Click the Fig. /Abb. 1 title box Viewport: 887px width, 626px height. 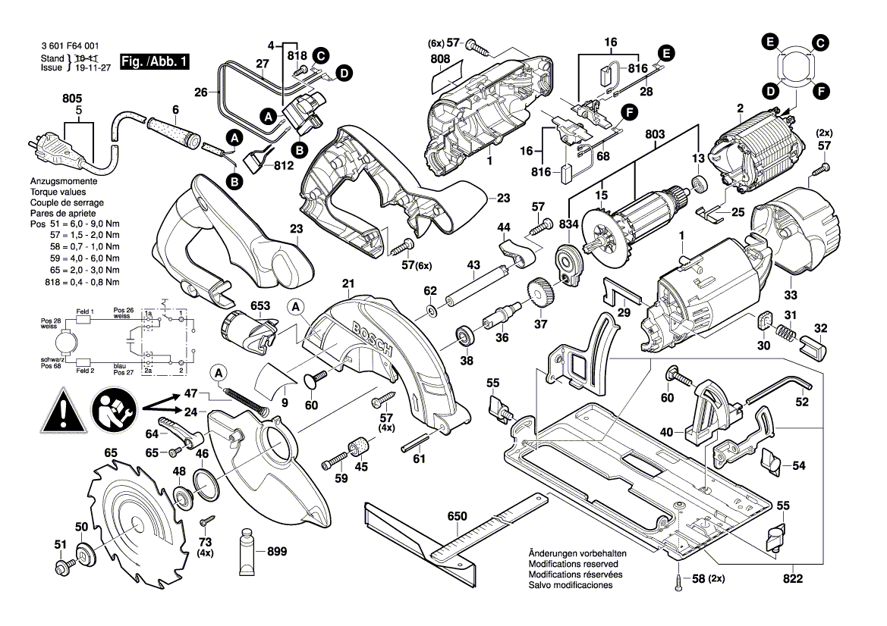(157, 61)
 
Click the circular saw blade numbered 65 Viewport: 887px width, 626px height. (134, 523)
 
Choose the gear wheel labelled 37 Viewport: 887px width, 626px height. (540, 293)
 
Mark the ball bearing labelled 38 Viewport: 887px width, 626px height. (461, 336)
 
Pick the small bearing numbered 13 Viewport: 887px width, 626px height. (698, 183)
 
